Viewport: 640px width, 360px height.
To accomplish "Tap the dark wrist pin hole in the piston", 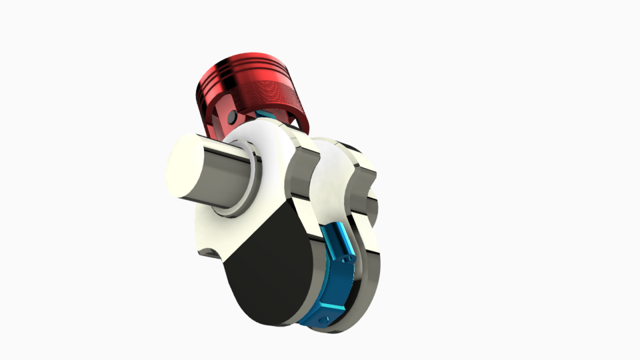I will coord(231,117).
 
